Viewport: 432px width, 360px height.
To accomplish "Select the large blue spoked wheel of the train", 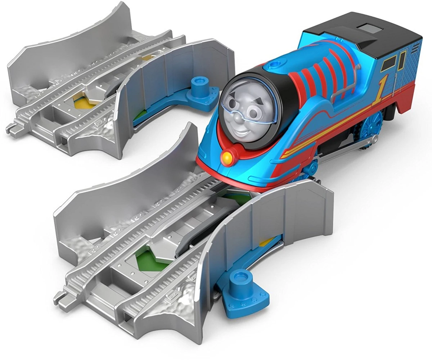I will click(x=371, y=125).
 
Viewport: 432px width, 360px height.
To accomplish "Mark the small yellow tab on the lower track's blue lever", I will click(x=267, y=242).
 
